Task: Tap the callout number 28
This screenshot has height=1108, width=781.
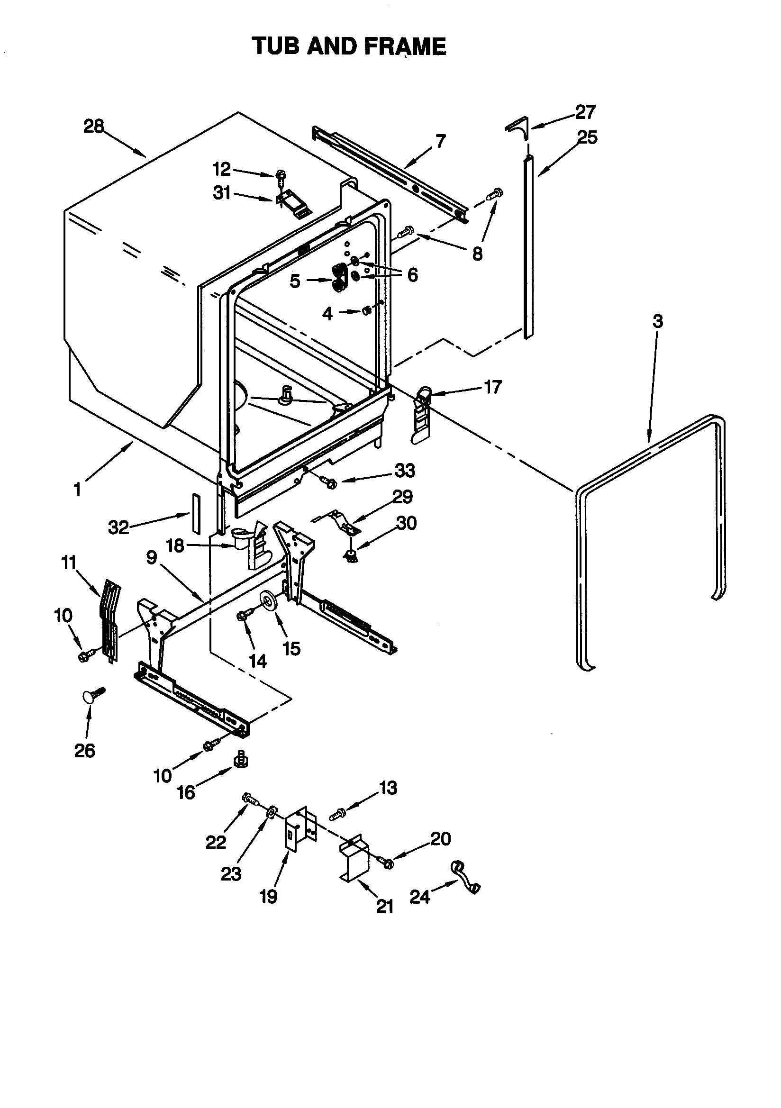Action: pyautogui.click(x=94, y=127)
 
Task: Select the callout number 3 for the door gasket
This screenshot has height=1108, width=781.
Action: pyautogui.click(x=658, y=321)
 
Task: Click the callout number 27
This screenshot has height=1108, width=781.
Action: pyautogui.click(x=585, y=112)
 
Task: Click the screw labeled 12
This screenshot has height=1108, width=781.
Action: pyautogui.click(x=281, y=177)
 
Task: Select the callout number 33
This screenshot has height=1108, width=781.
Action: pyautogui.click(x=405, y=471)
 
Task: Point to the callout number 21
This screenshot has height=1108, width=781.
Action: pyautogui.click(x=385, y=907)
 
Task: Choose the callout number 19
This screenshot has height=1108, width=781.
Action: pyautogui.click(x=268, y=896)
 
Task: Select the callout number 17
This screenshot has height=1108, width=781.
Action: pyautogui.click(x=493, y=387)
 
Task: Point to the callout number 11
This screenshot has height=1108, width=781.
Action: pyautogui.click(x=69, y=563)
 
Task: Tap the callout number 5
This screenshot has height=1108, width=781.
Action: pyautogui.click(x=295, y=281)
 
